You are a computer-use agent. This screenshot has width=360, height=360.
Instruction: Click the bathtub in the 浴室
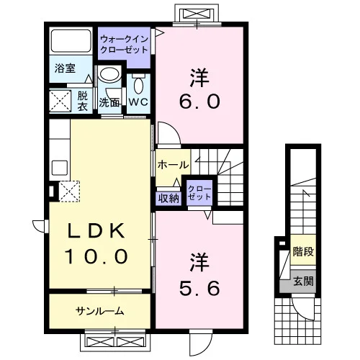[x=71, y=41]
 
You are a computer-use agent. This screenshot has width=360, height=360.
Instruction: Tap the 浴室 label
[x=65, y=68]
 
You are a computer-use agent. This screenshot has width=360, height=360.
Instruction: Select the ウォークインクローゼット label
[x=124, y=45]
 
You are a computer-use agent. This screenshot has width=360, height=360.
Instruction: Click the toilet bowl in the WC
[x=138, y=85]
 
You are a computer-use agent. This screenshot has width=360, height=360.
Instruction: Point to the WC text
[x=138, y=102]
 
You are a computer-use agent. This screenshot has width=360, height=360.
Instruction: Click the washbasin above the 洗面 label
[x=110, y=75]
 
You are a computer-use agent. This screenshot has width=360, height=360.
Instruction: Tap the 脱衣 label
[x=82, y=102]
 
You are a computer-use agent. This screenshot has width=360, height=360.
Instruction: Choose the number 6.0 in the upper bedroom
[x=199, y=101]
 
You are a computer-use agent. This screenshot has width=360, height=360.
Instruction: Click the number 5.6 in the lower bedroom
[x=199, y=288]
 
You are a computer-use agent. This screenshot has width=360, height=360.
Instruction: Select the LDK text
[x=96, y=231]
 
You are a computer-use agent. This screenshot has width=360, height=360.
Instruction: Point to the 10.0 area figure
[x=96, y=256]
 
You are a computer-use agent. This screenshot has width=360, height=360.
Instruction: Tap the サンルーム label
[x=99, y=311]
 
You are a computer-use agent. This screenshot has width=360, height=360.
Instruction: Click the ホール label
[x=173, y=165]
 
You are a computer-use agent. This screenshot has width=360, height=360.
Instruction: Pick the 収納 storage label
[x=168, y=199]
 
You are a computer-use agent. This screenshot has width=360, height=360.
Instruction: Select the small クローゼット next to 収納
[x=199, y=193]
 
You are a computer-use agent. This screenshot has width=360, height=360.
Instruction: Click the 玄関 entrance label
[x=304, y=281]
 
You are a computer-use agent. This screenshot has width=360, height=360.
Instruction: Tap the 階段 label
[x=303, y=251]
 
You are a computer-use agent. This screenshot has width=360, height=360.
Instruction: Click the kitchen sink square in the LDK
[x=60, y=166]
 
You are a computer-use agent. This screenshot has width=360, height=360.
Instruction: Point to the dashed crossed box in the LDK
[x=69, y=192]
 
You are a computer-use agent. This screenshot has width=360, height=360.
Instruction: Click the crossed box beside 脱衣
[x=60, y=101]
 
